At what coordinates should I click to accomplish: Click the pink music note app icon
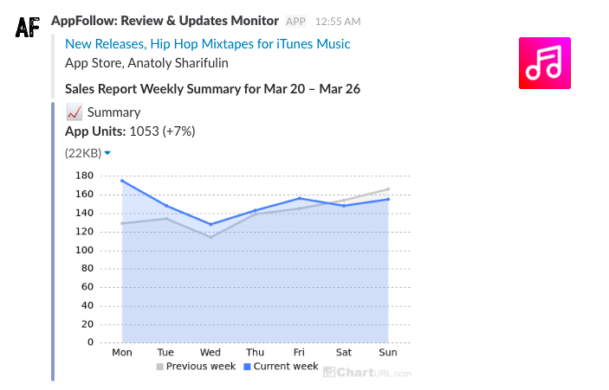point(544,63)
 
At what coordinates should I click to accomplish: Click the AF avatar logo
point(29,27)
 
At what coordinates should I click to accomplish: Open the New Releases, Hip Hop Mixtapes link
point(207,44)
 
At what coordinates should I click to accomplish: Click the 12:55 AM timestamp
point(338,21)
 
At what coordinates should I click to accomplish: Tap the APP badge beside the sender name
point(295,21)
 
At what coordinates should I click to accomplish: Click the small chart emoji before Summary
point(74,112)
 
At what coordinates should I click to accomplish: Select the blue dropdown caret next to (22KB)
point(107,153)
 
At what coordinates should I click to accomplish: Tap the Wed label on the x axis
point(211,353)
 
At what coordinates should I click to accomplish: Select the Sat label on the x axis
point(344,353)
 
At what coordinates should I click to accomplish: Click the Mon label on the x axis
point(122,353)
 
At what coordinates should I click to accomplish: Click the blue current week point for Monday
point(122,180)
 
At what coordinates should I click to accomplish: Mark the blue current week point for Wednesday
point(211,224)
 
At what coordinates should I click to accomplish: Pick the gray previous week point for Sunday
point(388,189)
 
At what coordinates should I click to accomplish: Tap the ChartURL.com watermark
point(367,372)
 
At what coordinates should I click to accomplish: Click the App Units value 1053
point(144,131)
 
